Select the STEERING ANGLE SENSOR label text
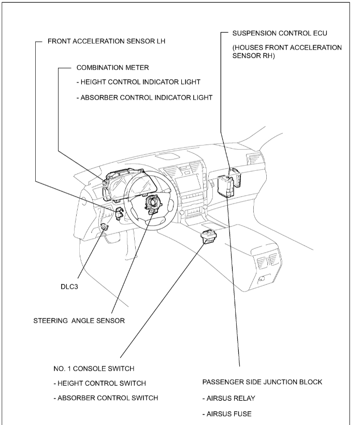[x=79, y=320]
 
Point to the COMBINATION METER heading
[x=105, y=68]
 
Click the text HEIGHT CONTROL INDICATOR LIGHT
[x=138, y=82]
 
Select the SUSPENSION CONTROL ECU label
[x=280, y=33]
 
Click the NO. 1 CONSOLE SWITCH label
[x=94, y=369]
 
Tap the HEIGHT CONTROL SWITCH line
[x=99, y=383]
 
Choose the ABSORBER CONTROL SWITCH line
[x=106, y=398]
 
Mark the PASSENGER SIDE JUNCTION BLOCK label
[x=262, y=382]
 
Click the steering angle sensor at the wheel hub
[x=154, y=203]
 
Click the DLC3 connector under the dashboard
[x=105, y=226]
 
